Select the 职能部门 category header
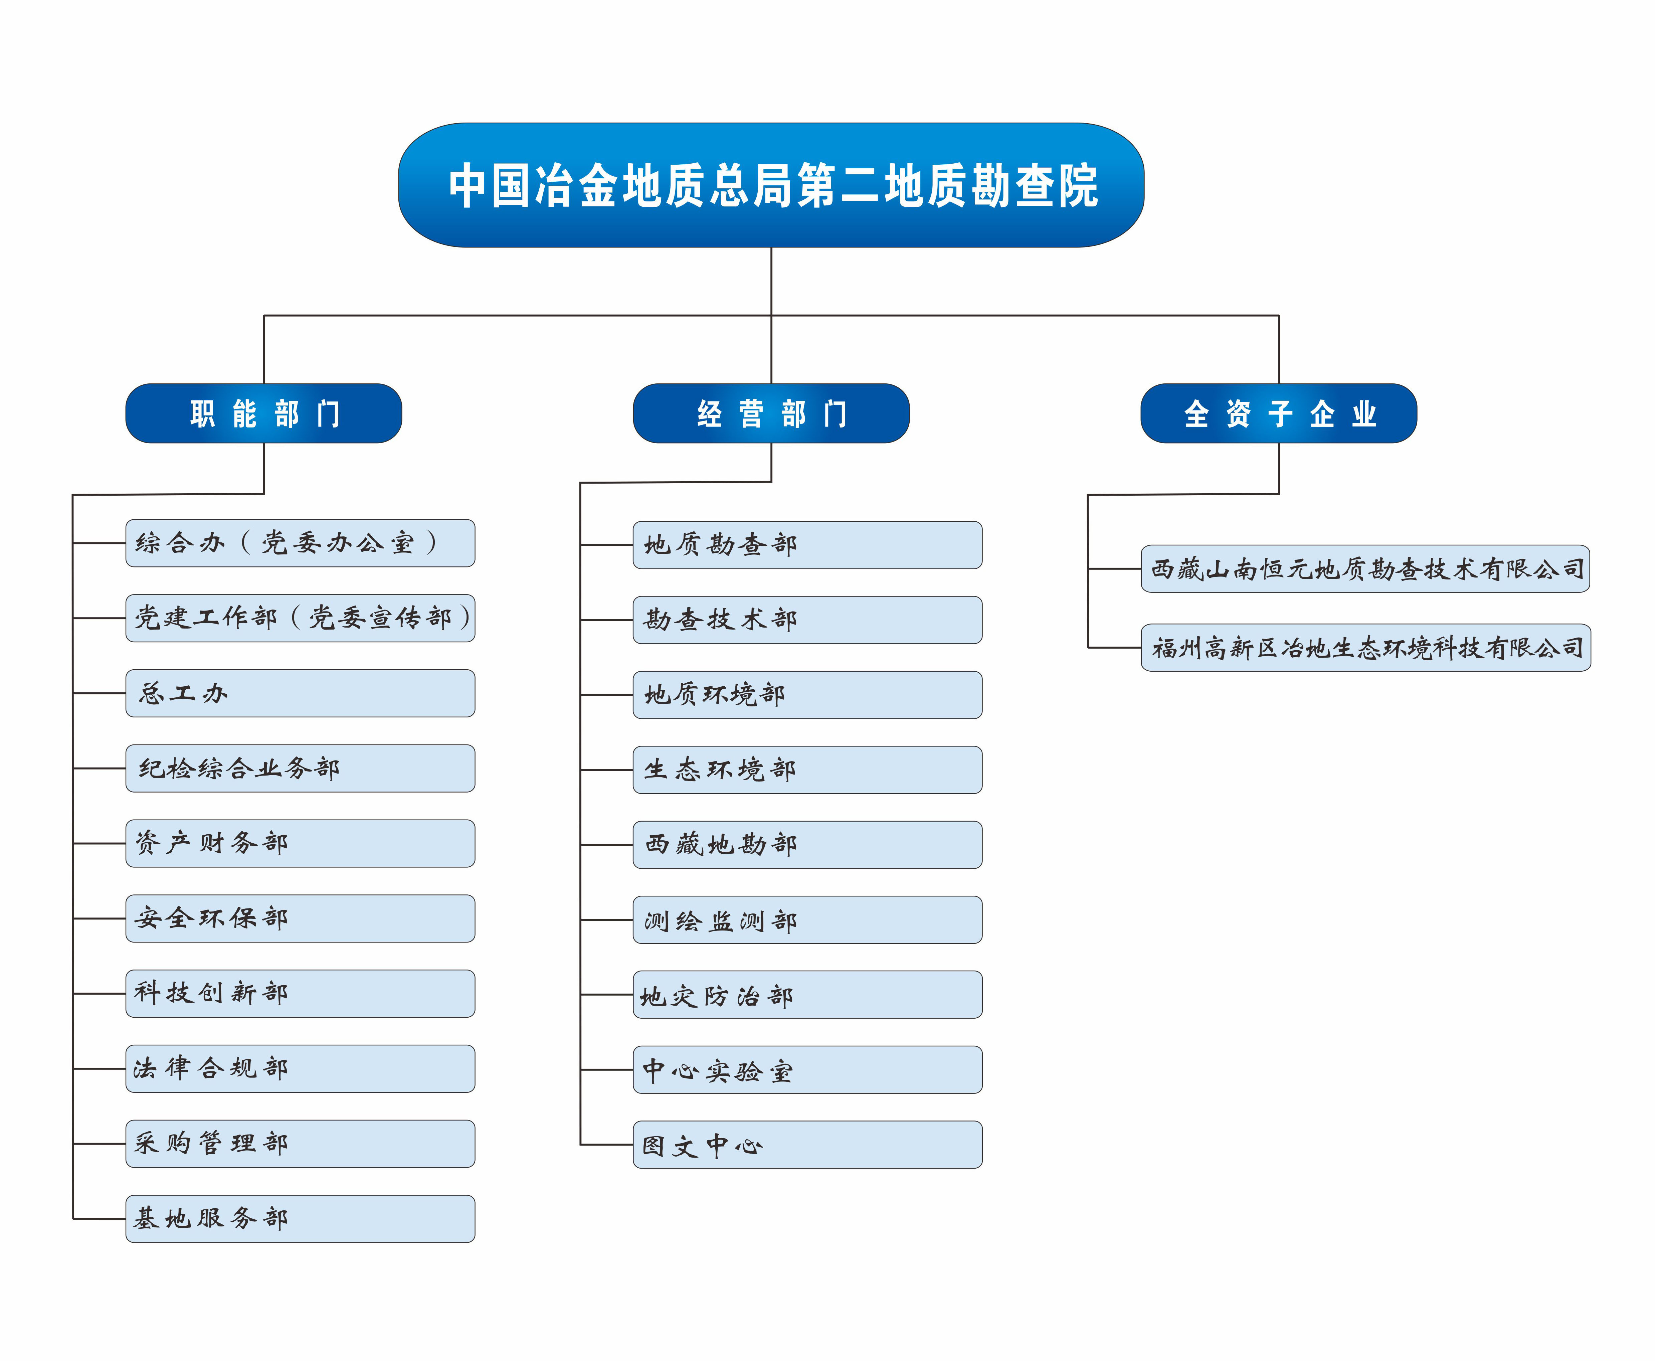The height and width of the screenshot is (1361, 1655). pos(263,413)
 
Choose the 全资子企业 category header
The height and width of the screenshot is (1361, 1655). pos(1279,413)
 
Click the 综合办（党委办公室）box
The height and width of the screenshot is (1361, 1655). pos(300,542)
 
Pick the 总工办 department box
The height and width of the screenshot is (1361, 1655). pos(300,693)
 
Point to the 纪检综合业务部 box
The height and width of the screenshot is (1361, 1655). pos(300,768)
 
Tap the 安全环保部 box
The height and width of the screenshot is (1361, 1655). pos(300,918)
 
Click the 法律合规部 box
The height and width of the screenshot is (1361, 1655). pos(300,1068)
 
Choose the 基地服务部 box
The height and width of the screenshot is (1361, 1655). pos(300,1218)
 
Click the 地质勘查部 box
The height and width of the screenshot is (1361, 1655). pos(807,545)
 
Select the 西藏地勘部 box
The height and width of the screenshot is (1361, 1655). pos(807,844)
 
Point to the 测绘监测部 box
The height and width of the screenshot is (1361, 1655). pos(807,919)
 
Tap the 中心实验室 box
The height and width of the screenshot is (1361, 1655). pos(807,1069)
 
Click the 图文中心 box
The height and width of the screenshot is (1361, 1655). pos(807,1145)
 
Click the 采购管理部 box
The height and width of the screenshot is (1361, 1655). pos(300,1144)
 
